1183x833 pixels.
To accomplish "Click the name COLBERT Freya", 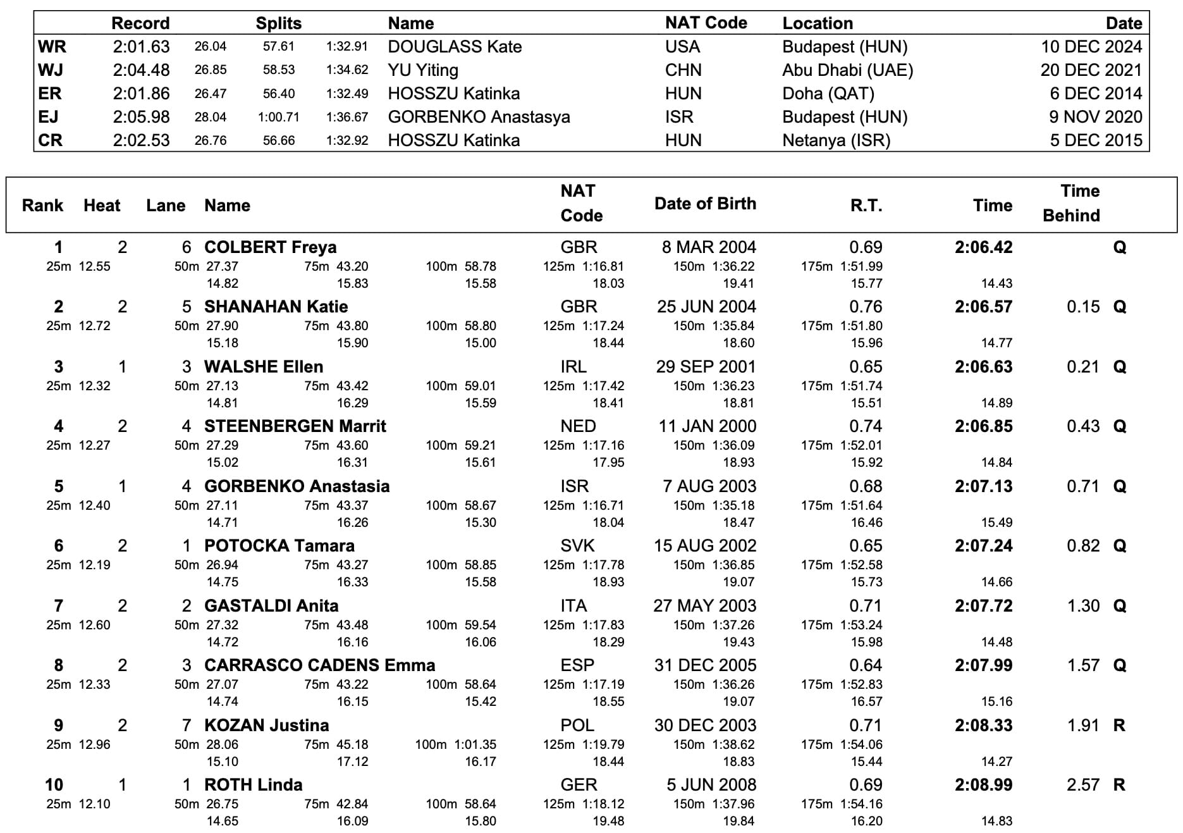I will (x=270, y=247).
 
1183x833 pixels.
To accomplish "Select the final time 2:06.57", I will (x=983, y=307).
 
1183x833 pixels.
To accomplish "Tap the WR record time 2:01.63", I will (x=141, y=47).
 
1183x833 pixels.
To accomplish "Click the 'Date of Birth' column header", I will (x=705, y=204).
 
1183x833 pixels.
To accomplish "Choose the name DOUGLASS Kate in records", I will (x=455, y=47).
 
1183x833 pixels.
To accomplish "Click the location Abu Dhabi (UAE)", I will (x=847, y=70).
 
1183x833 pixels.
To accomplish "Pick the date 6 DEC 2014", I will (x=1096, y=94).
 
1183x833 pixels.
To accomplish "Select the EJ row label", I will (x=48, y=117).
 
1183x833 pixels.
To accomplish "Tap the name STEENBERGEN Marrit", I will (x=295, y=426).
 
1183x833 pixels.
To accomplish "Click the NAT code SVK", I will (x=577, y=546).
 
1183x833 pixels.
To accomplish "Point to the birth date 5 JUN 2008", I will (x=711, y=785).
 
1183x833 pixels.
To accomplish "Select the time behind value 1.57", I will (x=1083, y=665).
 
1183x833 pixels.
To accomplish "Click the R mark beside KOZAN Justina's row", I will (x=1119, y=725).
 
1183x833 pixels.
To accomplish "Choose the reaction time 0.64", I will (x=866, y=665).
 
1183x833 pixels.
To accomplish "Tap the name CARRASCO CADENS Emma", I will (x=319, y=665).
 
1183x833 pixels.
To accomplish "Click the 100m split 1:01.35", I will (x=475, y=744).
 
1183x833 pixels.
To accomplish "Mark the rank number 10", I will (x=54, y=785).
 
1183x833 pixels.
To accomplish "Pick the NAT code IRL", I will (x=573, y=367).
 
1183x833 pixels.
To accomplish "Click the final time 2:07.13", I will (x=983, y=486).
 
